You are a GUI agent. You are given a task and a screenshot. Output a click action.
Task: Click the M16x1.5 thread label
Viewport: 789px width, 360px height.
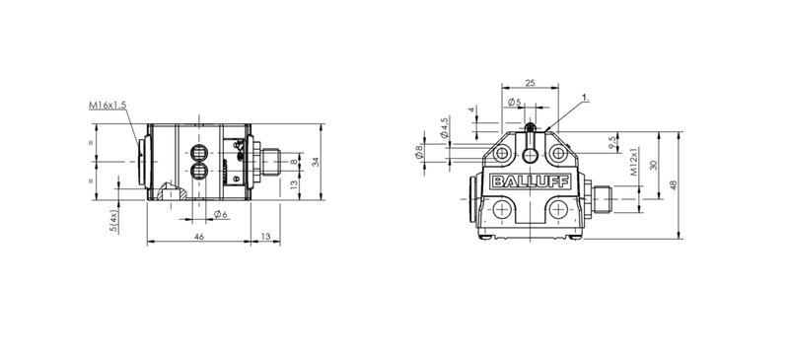point(108,106)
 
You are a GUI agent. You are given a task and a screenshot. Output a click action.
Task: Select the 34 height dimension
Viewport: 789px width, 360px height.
point(315,162)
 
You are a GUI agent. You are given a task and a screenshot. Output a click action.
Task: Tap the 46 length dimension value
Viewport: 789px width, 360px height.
point(199,236)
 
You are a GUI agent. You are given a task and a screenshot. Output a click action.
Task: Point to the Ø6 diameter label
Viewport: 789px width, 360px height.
point(220,214)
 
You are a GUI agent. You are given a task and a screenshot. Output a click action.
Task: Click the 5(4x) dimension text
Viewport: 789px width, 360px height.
point(114,221)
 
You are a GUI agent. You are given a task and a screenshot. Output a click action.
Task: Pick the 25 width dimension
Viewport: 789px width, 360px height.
point(530,83)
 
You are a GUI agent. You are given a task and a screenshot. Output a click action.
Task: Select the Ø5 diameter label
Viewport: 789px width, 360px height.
point(514,103)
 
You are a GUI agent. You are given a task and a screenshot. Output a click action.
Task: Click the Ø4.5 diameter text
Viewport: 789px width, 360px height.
point(445,128)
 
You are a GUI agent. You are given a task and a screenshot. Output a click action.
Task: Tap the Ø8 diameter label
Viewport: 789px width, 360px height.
point(419,152)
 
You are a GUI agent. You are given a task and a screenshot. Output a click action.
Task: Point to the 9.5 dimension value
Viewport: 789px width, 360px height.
point(611,142)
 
